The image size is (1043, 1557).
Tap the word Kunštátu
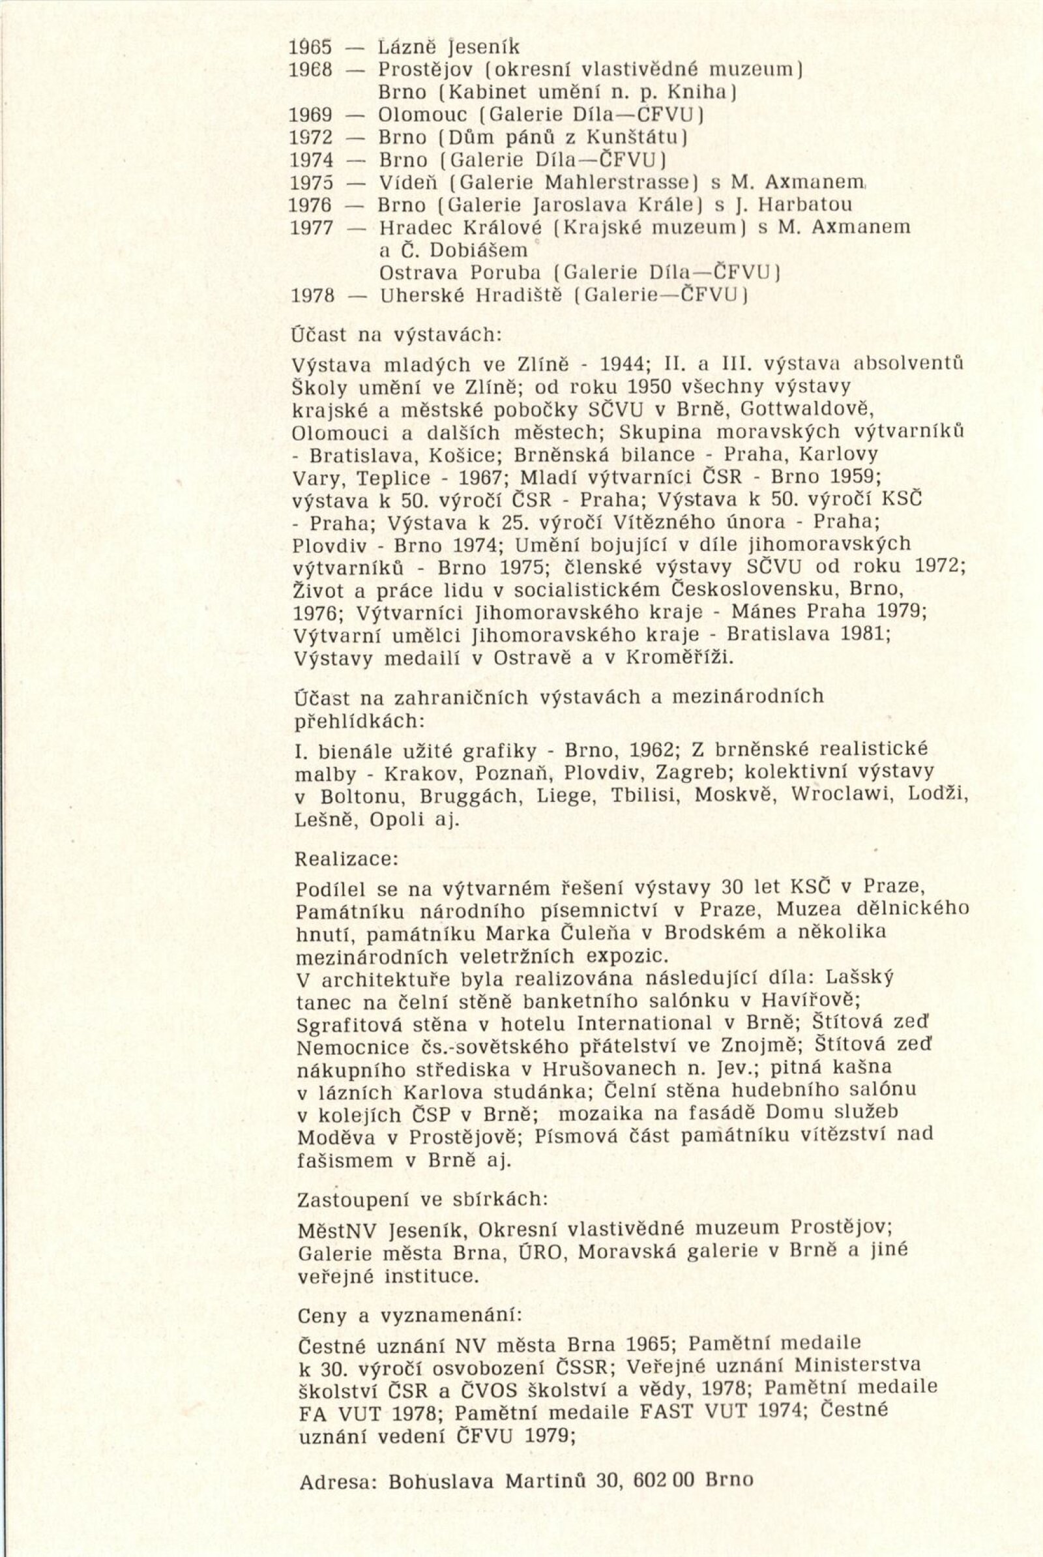[x=634, y=138]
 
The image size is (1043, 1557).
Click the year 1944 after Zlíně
[x=621, y=364]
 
